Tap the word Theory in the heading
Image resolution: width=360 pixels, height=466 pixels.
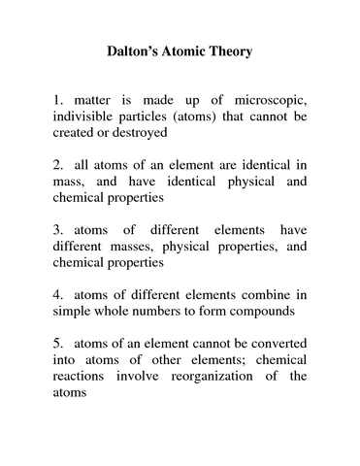[x=229, y=51]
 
